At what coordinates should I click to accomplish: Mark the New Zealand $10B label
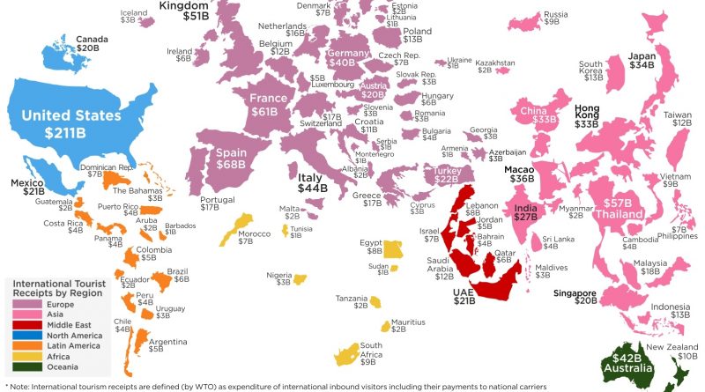676,351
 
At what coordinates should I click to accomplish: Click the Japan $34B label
641,62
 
